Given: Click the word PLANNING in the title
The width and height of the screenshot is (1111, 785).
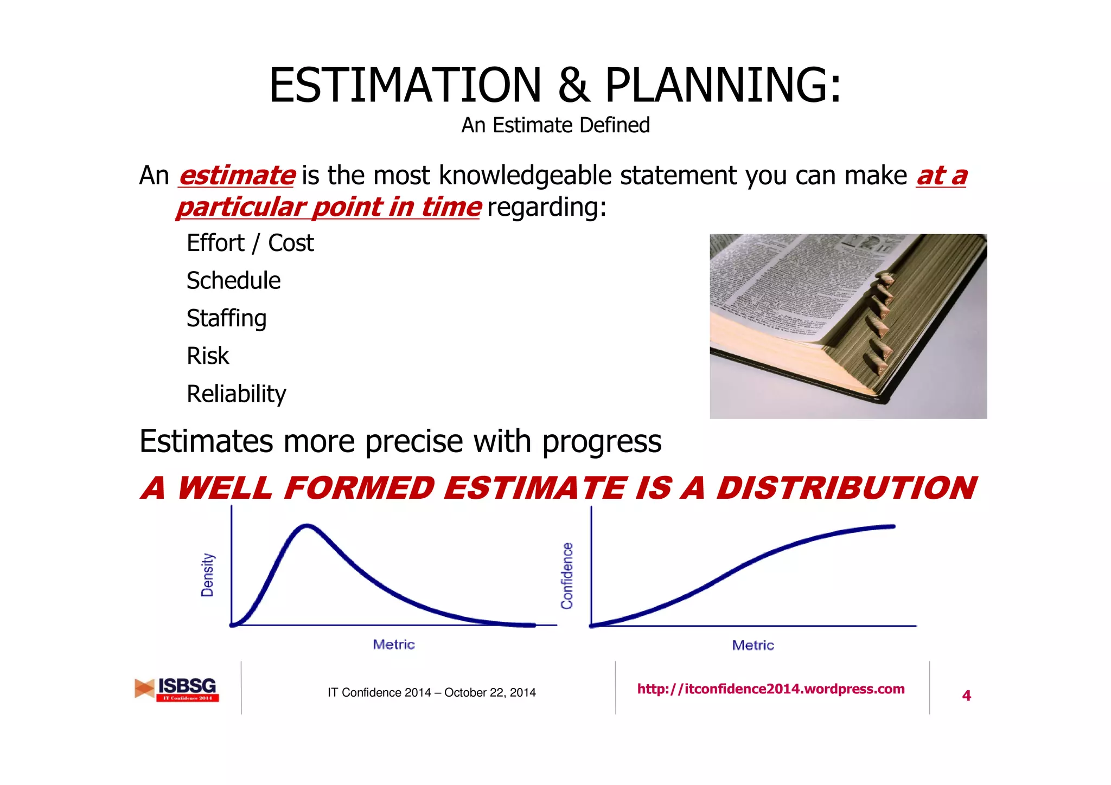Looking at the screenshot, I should tap(716, 85).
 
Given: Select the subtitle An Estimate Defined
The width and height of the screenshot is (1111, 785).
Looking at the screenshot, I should tap(555, 125).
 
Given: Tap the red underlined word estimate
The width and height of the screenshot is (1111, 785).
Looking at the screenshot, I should tap(237, 176).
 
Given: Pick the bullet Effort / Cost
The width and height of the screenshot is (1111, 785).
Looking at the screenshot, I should tap(250, 243).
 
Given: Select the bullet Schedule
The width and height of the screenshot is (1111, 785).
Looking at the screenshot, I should tap(234, 281).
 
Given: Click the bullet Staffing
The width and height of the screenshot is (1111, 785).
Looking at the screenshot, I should tap(227, 318).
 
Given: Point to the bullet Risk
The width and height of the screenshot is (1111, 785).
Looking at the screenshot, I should tap(208, 356).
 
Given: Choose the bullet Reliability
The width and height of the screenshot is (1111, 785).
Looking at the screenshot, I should tap(237, 394).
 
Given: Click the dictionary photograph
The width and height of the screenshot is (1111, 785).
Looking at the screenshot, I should tap(848, 326).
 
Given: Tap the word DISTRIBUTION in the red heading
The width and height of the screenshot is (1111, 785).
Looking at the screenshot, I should tap(846, 488).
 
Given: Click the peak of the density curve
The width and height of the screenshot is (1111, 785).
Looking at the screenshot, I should tap(307, 525).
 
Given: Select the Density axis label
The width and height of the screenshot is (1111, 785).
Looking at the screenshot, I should tap(207, 575).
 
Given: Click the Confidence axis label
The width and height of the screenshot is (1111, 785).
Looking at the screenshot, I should tap(567, 575).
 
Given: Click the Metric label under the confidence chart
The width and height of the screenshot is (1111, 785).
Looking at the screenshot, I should tap(753, 645).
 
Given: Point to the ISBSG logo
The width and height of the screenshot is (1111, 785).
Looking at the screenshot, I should tap(177, 689).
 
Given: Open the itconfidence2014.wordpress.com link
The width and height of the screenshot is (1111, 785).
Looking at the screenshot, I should tap(770, 689).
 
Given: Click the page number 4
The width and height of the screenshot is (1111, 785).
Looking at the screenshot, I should tap(966, 696).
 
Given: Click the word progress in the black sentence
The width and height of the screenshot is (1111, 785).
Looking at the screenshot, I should tap(602, 441).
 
